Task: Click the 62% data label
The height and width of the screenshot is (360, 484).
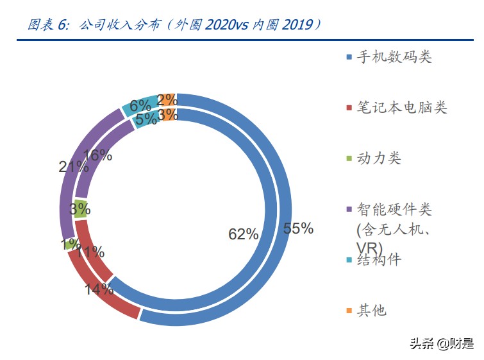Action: [243, 234]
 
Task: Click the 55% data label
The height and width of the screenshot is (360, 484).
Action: [297, 228]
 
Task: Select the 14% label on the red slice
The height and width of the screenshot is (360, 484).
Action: [99, 288]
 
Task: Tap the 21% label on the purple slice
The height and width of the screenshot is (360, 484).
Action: [73, 167]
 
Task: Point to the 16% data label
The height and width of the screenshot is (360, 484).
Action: [98, 155]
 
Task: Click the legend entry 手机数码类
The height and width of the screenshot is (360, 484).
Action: [394, 57]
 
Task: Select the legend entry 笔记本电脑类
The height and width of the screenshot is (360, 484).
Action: [401, 108]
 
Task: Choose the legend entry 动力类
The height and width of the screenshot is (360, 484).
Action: [378, 159]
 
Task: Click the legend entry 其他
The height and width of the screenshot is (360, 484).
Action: [371, 311]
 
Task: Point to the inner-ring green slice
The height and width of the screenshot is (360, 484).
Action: [81, 209]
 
